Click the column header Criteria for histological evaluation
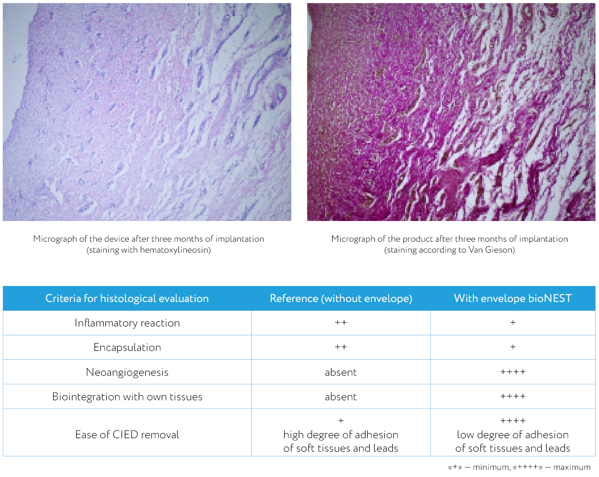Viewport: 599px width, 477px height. [x=127, y=299]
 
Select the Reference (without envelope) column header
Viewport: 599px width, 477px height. [x=341, y=299]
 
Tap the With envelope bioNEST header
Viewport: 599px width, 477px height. [x=513, y=299]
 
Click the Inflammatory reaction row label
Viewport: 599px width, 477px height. [x=127, y=323]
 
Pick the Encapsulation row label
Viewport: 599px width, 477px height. [x=127, y=348]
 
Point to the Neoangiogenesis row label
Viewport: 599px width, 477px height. [x=127, y=372]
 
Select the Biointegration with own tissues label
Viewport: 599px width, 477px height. [x=127, y=397]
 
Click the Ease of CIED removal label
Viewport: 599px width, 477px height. [x=127, y=435]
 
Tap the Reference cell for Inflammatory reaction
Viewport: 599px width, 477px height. [x=341, y=323]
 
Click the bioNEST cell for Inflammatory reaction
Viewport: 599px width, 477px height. [x=513, y=323]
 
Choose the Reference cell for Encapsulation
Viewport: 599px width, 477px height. [x=341, y=347]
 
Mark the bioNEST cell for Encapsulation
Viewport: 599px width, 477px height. [x=513, y=347]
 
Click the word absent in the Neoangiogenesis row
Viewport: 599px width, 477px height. [x=341, y=372]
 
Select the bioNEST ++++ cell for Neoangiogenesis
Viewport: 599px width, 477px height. [x=513, y=372]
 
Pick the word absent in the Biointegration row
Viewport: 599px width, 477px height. [x=341, y=397]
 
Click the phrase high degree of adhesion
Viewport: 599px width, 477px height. [x=341, y=435]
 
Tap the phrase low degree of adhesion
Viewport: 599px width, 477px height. [x=513, y=435]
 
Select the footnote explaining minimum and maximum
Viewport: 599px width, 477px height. [x=519, y=467]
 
